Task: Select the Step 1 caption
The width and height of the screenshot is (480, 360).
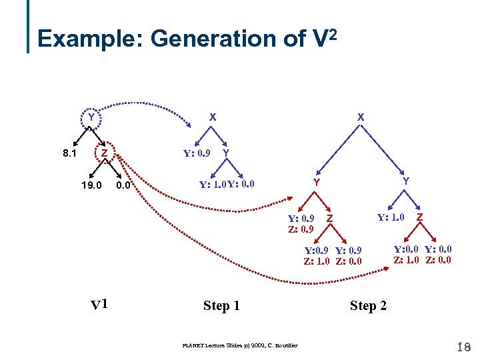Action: [x=221, y=305]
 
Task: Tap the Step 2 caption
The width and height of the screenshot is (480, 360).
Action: [x=368, y=305]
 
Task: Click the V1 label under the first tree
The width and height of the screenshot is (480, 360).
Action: [x=100, y=305]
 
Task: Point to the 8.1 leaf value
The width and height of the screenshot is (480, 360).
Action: [x=69, y=153]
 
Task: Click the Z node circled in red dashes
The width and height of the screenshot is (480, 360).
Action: [x=105, y=153]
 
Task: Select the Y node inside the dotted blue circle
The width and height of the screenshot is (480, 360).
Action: [x=91, y=118]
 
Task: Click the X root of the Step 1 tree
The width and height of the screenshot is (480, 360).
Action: [x=212, y=117]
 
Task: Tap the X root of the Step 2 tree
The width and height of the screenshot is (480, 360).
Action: [x=361, y=117]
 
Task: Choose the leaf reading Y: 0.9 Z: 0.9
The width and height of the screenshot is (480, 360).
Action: [x=301, y=223]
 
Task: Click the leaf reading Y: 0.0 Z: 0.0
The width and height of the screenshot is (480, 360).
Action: [x=438, y=255]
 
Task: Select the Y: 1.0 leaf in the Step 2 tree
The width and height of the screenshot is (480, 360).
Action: [x=391, y=217]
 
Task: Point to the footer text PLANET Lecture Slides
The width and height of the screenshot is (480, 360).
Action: [x=240, y=345]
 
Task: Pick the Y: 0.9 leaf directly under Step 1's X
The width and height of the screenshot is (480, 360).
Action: [x=197, y=153]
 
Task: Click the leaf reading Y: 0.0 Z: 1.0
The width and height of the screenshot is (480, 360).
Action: [x=407, y=255]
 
